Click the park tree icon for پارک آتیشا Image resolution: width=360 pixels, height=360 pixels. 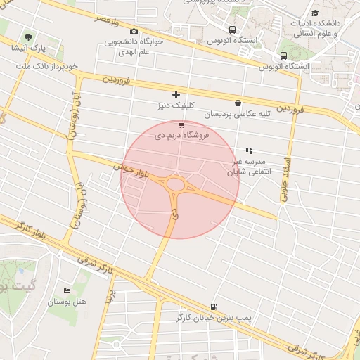point(28,37)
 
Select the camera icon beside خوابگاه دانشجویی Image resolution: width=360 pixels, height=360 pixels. point(134,31)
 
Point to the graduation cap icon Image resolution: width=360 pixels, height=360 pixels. point(314,13)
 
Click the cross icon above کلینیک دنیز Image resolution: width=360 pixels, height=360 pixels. point(176,94)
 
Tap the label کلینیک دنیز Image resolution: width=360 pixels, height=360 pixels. point(176,106)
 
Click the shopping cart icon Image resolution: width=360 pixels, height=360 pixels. point(181,124)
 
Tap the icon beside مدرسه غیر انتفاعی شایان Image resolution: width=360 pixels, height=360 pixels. point(248,150)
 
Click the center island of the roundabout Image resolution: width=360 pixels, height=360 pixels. point(175,185)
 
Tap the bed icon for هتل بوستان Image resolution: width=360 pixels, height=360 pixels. point(67,290)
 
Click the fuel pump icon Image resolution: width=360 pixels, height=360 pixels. point(213,307)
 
